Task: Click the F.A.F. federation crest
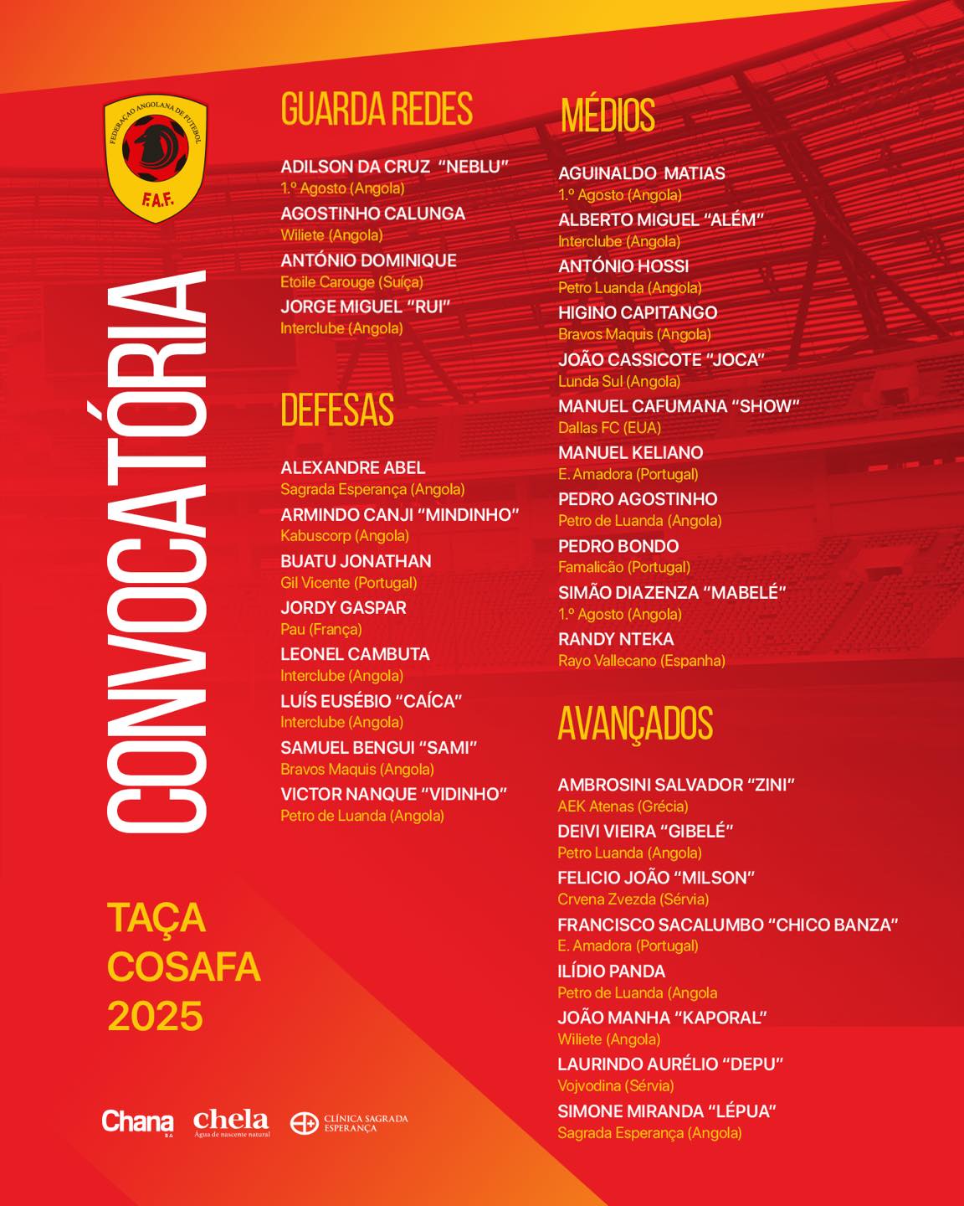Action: click(156, 159)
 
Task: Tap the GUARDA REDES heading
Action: click(377, 110)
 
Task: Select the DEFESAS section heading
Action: click(337, 410)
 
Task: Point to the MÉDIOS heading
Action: click(608, 116)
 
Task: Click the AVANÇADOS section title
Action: click(635, 724)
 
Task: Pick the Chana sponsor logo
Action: click(137, 1121)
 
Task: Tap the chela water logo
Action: click(231, 1122)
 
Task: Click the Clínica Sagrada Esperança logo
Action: click(350, 1123)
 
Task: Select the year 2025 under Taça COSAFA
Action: click(156, 1016)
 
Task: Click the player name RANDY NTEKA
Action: click(616, 639)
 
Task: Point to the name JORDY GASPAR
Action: click(343, 607)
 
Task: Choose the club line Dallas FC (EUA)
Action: click(609, 428)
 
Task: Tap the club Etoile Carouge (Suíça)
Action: click(351, 282)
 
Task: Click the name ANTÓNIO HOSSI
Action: click(623, 266)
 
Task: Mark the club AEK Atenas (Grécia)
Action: click(623, 807)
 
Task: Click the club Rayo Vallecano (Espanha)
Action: click(641, 661)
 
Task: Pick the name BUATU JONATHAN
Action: click(356, 561)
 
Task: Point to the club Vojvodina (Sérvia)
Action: click(615, 1085)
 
